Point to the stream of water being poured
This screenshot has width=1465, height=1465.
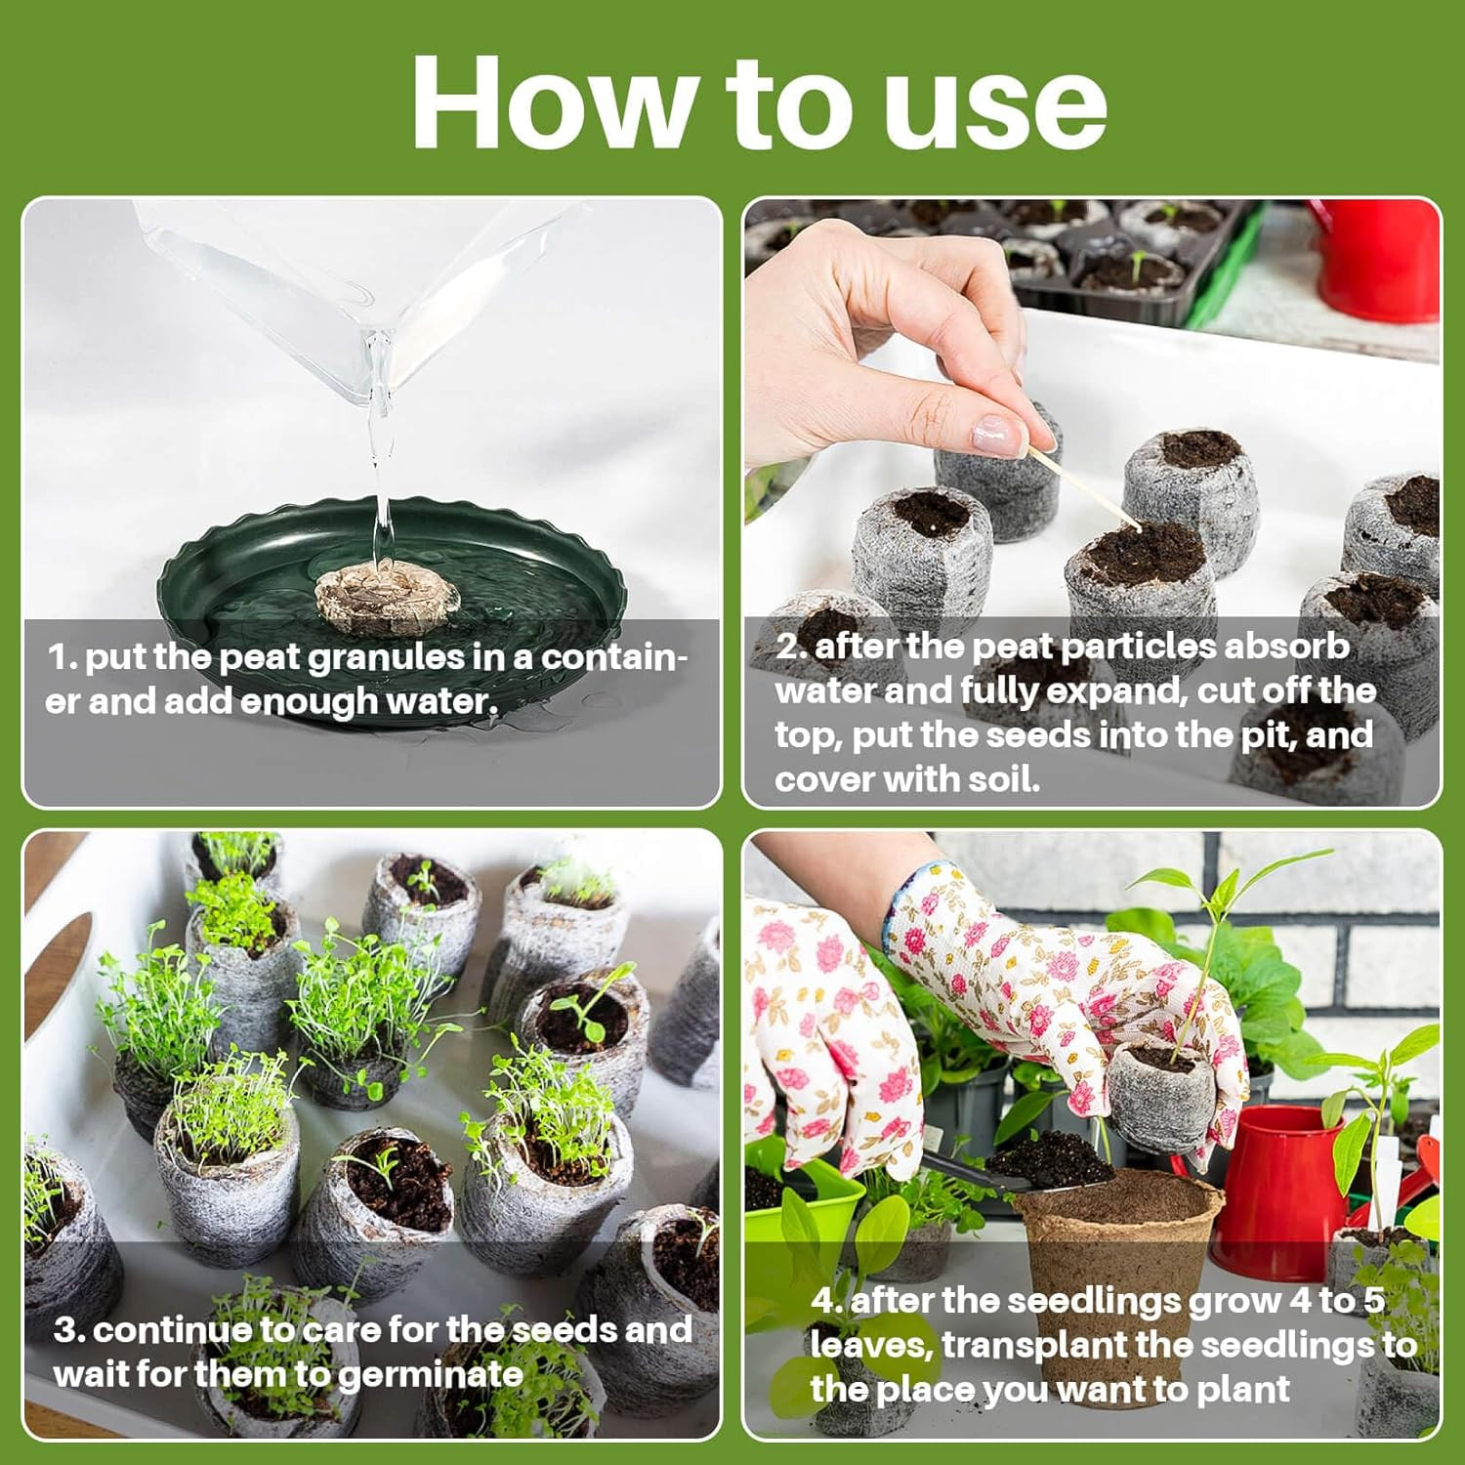[380, 459]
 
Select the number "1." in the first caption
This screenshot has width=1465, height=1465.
[63, 657]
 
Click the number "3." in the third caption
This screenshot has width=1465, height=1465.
[70, 1330]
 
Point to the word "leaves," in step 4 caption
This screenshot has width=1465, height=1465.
[871, 1346]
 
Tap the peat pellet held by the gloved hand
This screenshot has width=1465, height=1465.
[1162, 1094]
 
